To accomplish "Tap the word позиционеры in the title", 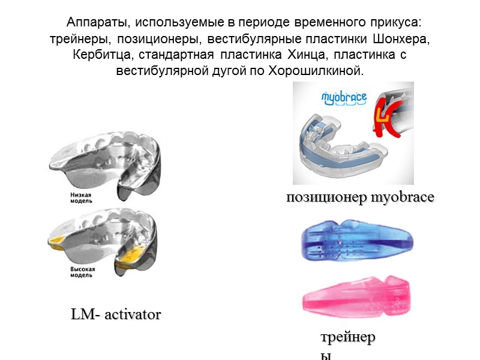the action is [x=155, y=39].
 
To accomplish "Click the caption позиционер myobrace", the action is [x=361, y=197].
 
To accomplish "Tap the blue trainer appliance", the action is [x=358, y=244].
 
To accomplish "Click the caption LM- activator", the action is [x=116, y=314].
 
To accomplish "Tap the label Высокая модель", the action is [x=82, y=274].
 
